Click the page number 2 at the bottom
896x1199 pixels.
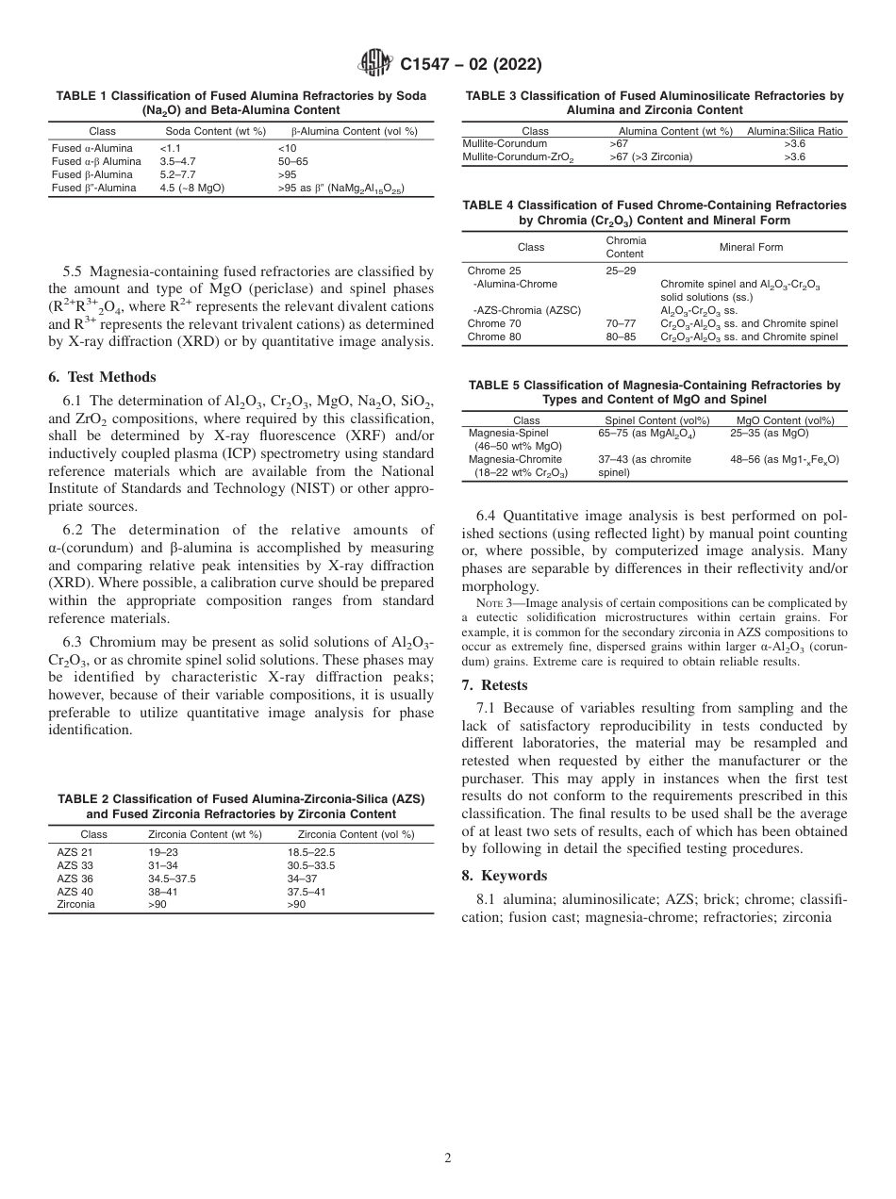[448, 1158]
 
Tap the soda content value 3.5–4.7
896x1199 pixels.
[177, 161]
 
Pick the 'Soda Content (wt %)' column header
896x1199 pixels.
[215, 131]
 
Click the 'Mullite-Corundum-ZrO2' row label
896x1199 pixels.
[518, 157]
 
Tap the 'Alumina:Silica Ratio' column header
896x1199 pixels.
[794, 131]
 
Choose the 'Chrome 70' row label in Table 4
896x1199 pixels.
[493, 323]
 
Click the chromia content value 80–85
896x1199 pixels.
[621, 337]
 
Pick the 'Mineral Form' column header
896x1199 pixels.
[751, 247]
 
